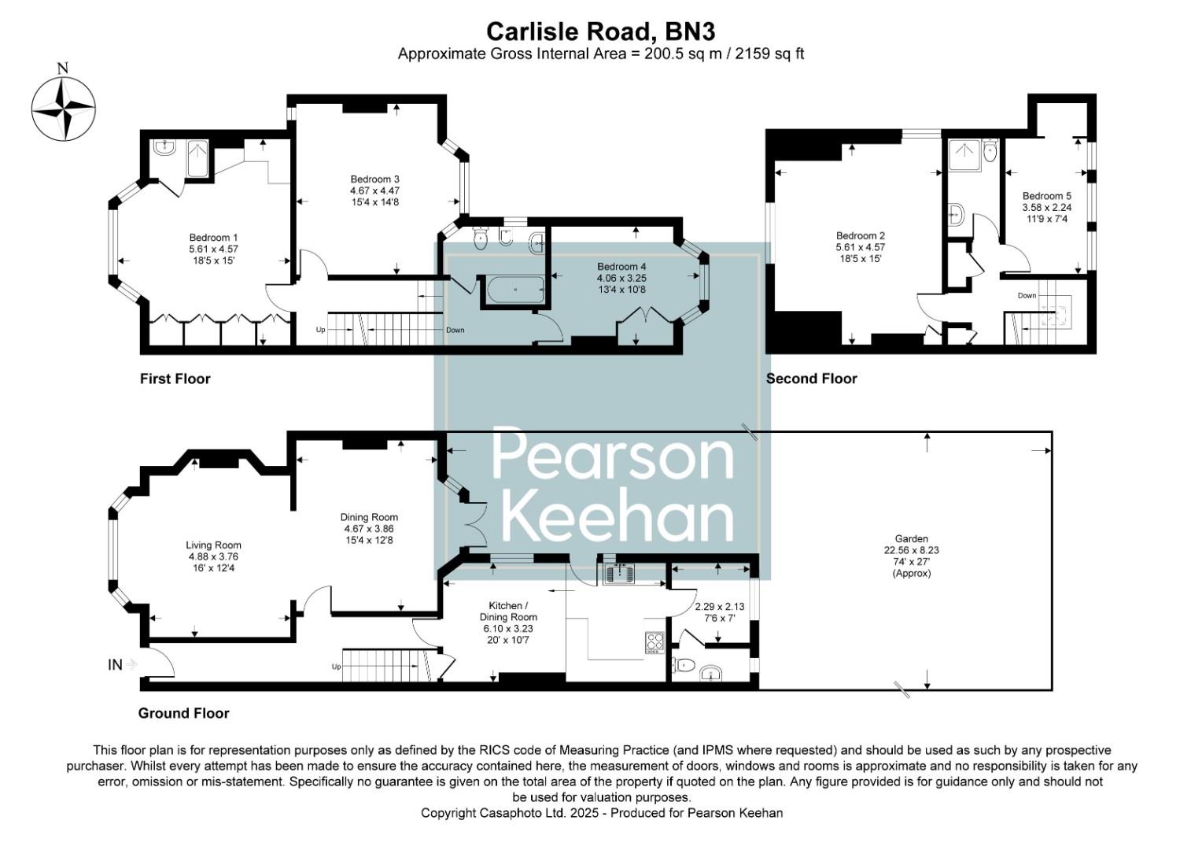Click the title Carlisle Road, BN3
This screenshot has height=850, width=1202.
tap(600, 31)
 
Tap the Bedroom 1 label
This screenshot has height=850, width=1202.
tap(213, 238)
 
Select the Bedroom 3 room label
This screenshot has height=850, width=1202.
tap(374, 179)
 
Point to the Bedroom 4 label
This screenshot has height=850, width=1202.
tap(621, 267)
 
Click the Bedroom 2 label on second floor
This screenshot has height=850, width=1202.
tap(860, 236)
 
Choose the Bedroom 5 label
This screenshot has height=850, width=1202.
tap(1046, 196)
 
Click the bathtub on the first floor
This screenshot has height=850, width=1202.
tap(515, 290)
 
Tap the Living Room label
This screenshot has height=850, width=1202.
tap(213, 545)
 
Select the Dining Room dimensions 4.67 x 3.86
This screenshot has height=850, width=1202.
tap(369, 529)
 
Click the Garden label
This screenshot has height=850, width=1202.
tap(911, 539)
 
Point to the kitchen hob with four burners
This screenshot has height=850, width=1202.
tap(654, 642)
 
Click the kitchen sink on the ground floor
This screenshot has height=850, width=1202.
tap(619, 574)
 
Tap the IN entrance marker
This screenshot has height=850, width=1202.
tap(115, 665)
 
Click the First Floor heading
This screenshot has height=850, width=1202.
tap(175, 379)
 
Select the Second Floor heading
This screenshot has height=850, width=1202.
tap(811, 379)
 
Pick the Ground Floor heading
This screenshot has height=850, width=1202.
tap(183, 713)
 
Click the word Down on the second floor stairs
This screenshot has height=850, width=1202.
tap(1027, 296)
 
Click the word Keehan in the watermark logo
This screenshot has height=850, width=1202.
tap(617, 519)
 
